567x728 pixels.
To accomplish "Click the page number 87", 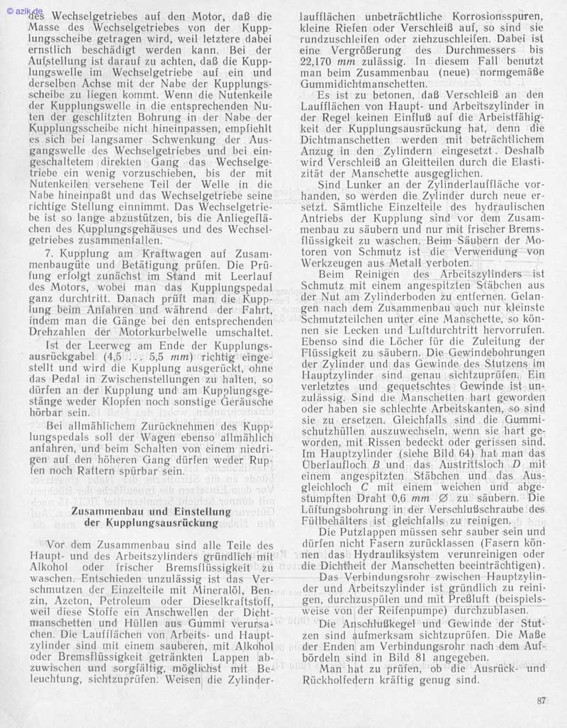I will tap(541, 702).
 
